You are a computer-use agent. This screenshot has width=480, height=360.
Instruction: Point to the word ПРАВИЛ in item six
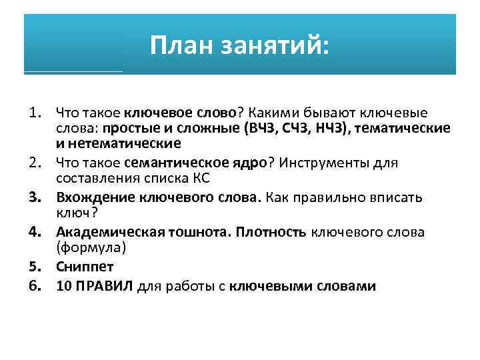tap(106, 286)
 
